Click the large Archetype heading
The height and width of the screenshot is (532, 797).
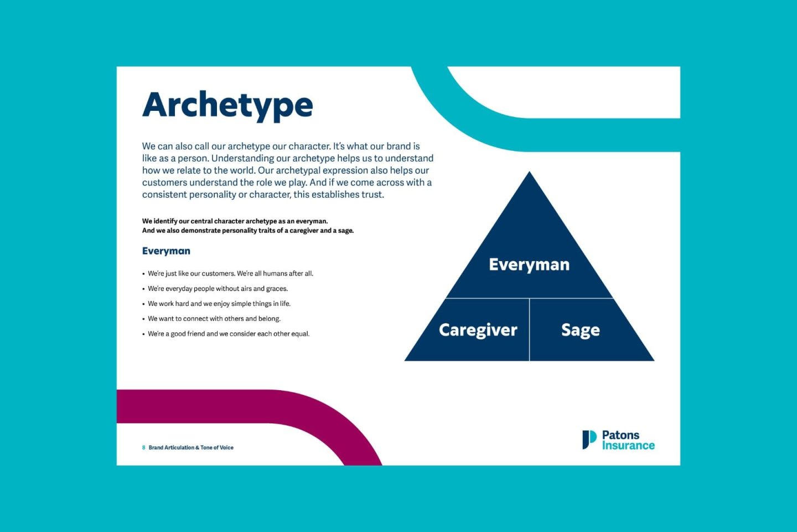(x=227, y=105)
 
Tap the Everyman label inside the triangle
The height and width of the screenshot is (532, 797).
(x=529, y=265)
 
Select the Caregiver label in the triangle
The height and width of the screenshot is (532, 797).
(x=478, y=330)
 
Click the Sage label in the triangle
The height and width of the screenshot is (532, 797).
(x=580, y=330)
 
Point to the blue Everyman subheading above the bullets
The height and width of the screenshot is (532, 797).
(x=166, y=251)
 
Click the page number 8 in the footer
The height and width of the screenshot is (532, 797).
(x=144, y=448)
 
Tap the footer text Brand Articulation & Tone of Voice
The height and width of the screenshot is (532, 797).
(x=191, y=448)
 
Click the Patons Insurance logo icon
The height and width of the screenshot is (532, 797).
(x=589, y=439)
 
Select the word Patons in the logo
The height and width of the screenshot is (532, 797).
(x=620, y=435)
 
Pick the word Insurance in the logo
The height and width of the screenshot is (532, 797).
(x=628, y=446)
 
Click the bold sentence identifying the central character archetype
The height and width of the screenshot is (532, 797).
(x=235, y=221)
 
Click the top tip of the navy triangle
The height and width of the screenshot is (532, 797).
(x=530, y=172)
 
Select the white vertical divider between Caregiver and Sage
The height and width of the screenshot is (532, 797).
(x=530, y=330)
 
